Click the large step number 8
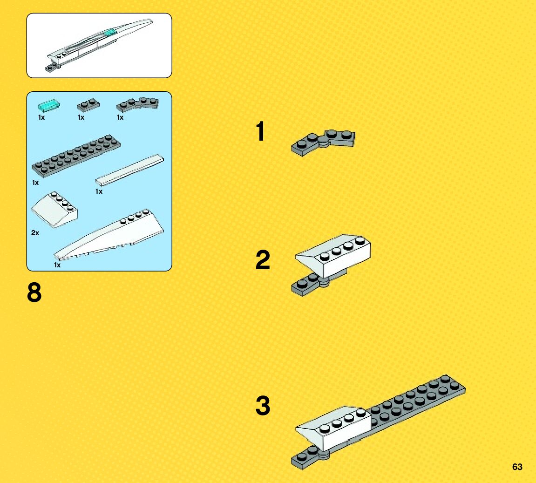34,293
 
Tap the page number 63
517,467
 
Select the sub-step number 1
260,131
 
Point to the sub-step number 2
263,260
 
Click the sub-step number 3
263,406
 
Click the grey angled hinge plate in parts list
137,105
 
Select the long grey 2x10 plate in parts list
76,156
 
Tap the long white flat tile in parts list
129,170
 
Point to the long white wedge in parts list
109,235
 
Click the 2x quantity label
35,233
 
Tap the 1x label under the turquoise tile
41,117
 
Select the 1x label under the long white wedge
57,265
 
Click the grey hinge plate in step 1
323,143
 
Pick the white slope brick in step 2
333,255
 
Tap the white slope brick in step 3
333,428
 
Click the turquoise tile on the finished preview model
110,33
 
